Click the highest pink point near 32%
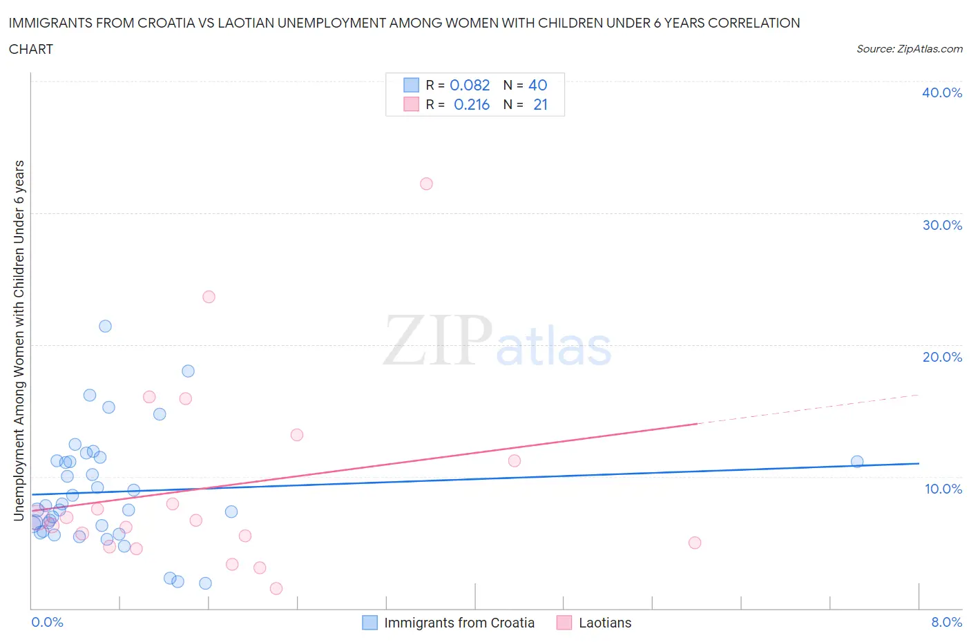[426, 184]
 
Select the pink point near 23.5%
[209, 297]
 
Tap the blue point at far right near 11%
[857, 462]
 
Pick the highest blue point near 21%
[105, 327]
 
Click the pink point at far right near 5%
[695, 543]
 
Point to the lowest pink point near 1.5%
[276, 589]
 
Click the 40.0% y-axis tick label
[942, 93]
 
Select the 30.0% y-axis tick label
[942, 225]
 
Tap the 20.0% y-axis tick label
[942, 357]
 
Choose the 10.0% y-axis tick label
[943, 489]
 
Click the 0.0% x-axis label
[48, 622]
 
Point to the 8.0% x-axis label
[946, 622]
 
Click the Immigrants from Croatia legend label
[459, 623]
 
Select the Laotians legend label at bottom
[605, 623]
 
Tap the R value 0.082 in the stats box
[470, 85]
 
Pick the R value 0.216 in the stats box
[472, 104]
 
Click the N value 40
[537, 85]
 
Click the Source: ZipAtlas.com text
[909, 49]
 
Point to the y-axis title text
[19, 340]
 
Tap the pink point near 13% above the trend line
[297, 435]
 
